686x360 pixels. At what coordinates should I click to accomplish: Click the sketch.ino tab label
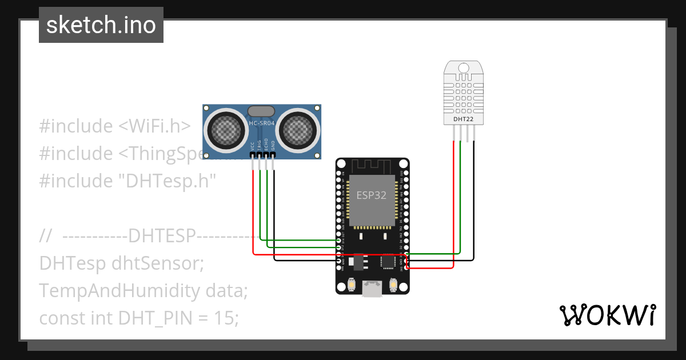click(x=101, y=25)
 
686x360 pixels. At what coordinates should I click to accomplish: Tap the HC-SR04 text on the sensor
click(x=262, y=123)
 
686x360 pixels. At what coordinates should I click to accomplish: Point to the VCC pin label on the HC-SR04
click(x=253, y=145)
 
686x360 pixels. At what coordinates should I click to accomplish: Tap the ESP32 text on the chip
click(x=372, y=195)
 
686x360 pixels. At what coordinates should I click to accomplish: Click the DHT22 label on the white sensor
click(x=464, y=119)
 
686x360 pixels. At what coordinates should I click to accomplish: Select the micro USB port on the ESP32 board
click(x=372, y=290)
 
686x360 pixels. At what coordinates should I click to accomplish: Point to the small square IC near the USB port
click(x=388, y=262)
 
